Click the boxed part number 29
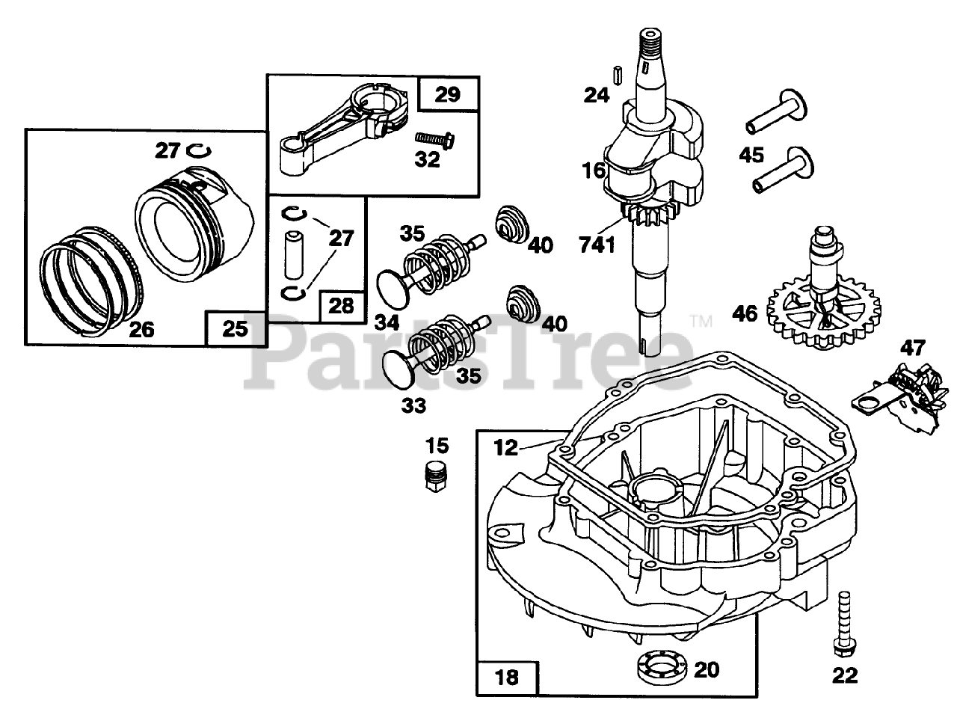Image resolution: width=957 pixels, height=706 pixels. pyautogui.click(x=448, y=94)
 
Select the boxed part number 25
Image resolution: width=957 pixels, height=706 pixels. pyautogui.click(x=235, y=328)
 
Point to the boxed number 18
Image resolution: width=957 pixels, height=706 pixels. pyautogui.click(x=506, y=678)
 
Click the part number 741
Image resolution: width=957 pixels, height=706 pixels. pyautogui.click(x=597, y=243)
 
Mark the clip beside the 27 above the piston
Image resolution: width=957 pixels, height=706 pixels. pyautogui.click(x=198, y=151)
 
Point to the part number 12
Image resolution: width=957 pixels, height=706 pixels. pyautogui.click(x=506, y=447)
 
